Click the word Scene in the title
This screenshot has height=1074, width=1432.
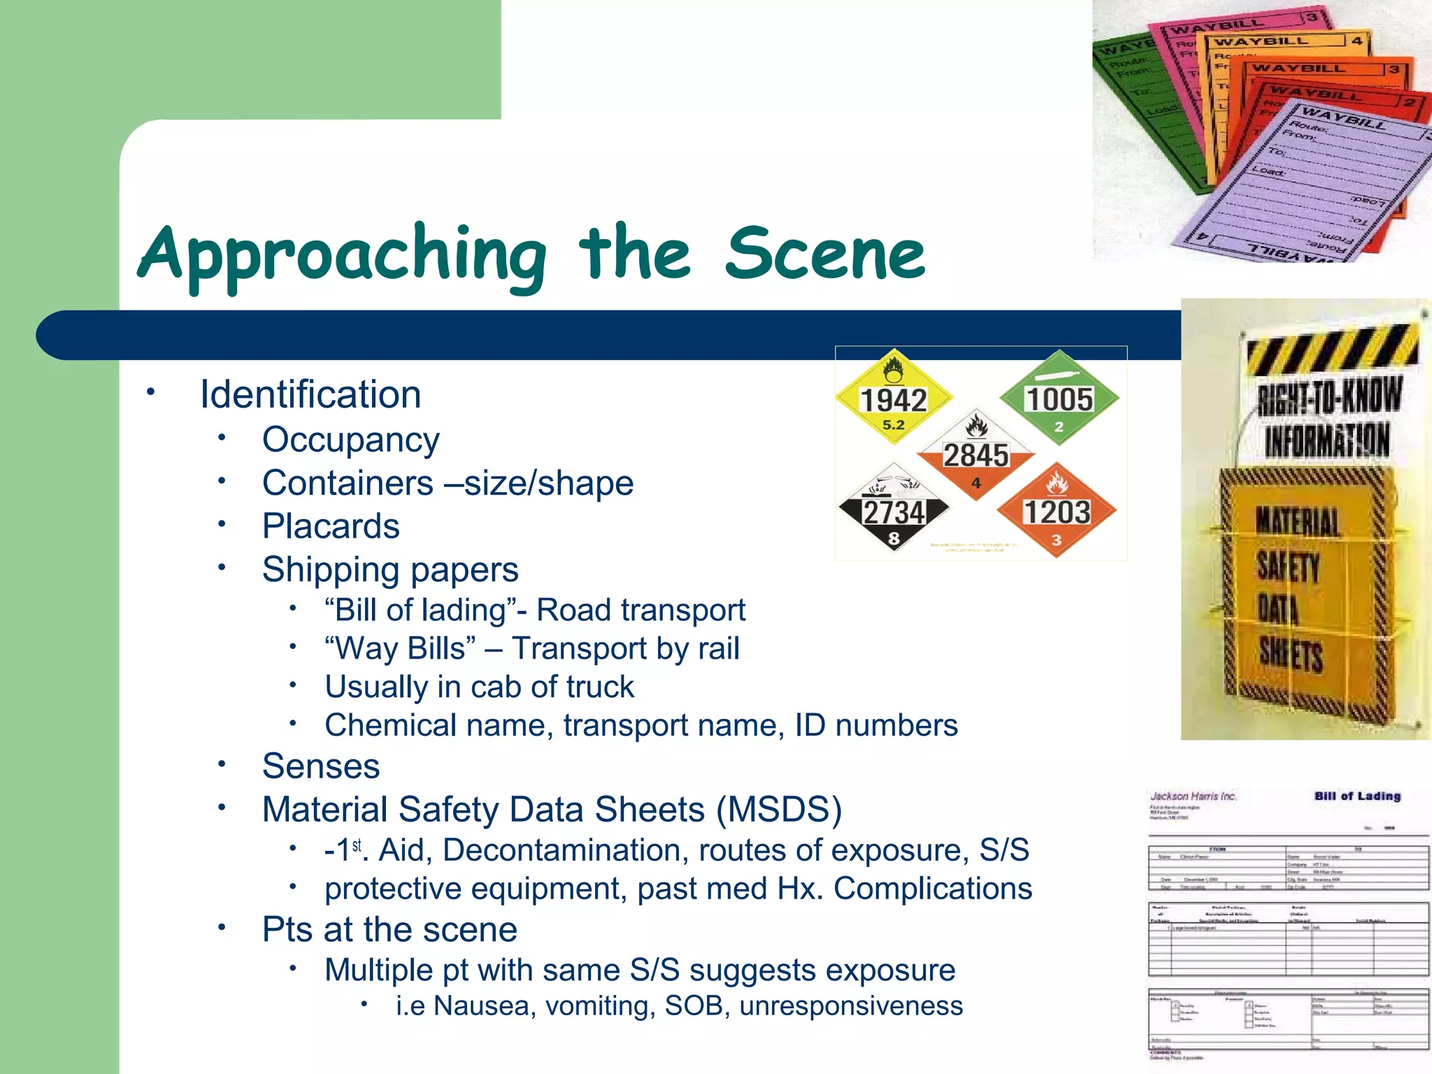(x=825, y=253)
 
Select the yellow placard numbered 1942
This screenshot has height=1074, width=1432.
(x=893, y=399)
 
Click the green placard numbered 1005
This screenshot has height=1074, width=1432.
(x=1059, y=399)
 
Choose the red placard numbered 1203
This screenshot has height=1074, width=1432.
(x=1057, y=511)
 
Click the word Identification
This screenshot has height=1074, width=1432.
(x=310, y=394)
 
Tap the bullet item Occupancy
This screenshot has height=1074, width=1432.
(x=350, y=440)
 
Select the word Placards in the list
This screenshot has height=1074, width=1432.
(x=331, y=526)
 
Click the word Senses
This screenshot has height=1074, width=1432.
(x=321, y=766)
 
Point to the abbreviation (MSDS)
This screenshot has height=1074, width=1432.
(x=779, y=810)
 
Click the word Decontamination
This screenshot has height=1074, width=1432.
(x=562, y=850)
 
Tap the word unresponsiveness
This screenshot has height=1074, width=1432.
(x=851, y=1005)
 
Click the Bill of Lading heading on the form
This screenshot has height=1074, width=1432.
(x=1357, y=796)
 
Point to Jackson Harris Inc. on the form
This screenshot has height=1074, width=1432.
(x=1194, y=796)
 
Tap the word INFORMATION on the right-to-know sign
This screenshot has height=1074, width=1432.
(x=1326, y=441)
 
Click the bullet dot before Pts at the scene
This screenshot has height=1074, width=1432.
(x=222, y=927)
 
